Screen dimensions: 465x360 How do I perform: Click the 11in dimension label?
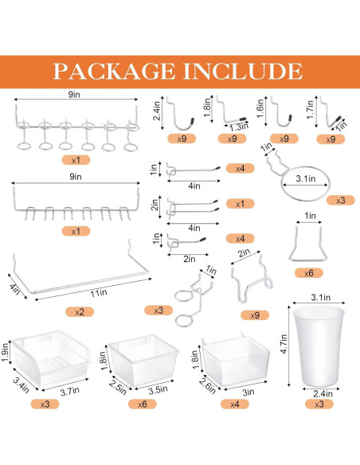pyautogui.click(x=98, y=293)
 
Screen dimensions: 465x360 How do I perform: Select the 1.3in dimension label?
pyautogui.click(x=236, y=126)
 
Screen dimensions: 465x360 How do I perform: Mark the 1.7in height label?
pyautogui.click(x=310, y=110)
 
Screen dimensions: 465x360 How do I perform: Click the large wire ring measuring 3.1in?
pyautogui.click(x=301, y=183)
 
